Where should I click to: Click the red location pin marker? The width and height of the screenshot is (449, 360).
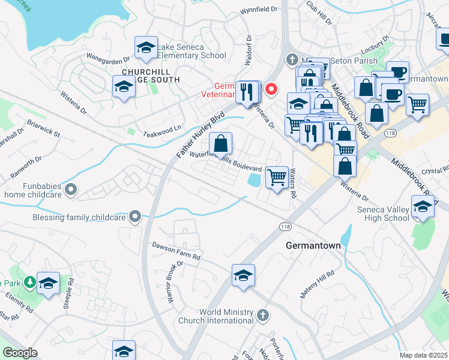pos(271,89)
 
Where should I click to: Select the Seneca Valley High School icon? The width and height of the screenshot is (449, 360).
pos(423,206)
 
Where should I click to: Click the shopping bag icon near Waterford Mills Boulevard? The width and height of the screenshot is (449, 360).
pos(221,143)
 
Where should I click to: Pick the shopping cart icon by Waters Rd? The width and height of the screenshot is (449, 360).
pos(276,177)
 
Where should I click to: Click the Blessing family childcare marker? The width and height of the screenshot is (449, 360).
pos(136,216)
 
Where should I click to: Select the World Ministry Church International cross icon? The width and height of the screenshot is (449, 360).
pos(262,314)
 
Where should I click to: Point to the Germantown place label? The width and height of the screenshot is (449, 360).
pos(313,246)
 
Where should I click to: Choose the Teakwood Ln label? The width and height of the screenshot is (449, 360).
pos(161,128)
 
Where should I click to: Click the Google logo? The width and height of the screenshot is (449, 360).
pos(20,353)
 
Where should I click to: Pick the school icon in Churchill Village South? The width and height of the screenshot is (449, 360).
pos(124,87)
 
